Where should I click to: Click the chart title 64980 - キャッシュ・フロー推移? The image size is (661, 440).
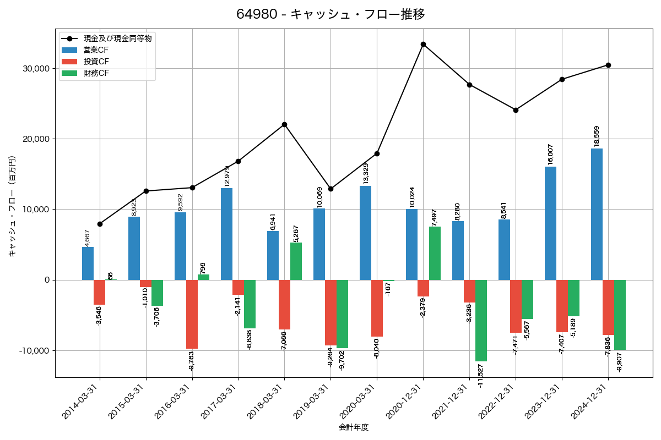click(330, 14)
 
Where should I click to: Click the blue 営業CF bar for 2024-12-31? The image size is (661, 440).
click(597, 214)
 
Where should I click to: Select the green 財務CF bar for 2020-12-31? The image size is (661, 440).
click(435, 254)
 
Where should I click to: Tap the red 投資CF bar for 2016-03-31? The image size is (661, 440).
click(192, 314)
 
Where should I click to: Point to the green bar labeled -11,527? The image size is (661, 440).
click(481, 320)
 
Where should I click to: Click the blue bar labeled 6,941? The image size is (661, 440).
click(273, 255)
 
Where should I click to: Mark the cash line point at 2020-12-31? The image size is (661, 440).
click(423, 44)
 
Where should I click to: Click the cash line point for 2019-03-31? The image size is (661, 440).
click(330, 189)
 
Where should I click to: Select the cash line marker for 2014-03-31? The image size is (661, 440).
click(100, 224)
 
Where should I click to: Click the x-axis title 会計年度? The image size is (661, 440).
click(354, 427)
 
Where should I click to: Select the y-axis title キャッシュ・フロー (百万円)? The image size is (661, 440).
click(12, 206)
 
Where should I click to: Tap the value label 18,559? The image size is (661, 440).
click(597, 136)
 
